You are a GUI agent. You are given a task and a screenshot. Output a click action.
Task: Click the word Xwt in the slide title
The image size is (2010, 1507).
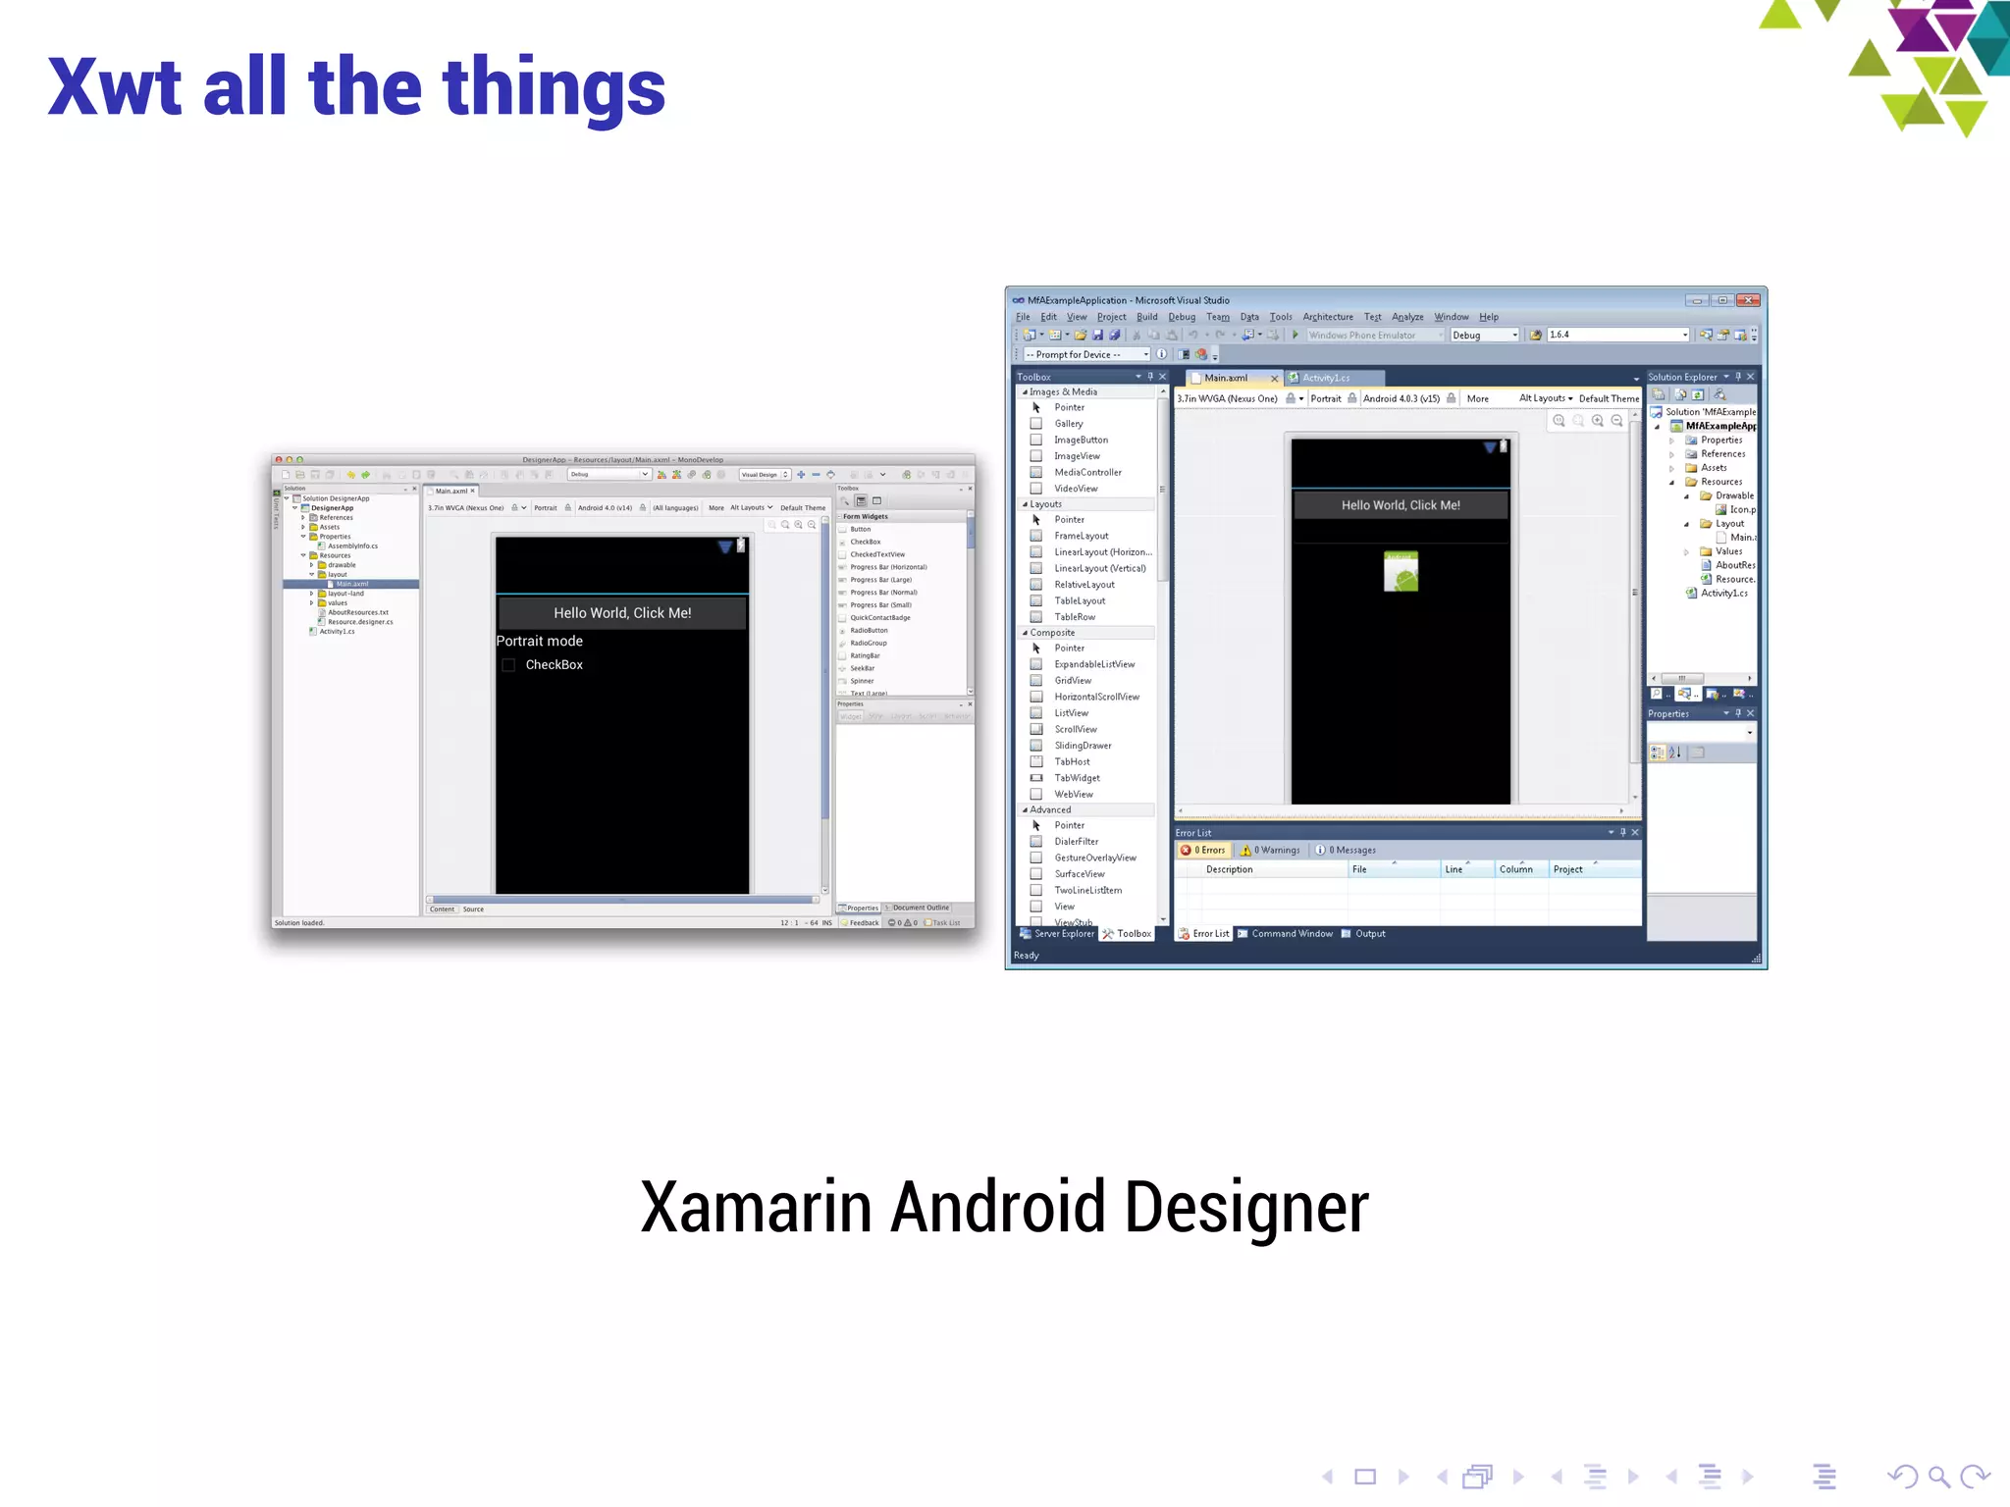(x=115, y=88)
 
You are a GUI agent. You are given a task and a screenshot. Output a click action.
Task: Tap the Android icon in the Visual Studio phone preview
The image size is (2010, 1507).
(x=1401, y=572)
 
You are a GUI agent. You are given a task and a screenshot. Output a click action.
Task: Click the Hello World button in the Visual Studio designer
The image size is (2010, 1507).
(x=1401, y=505)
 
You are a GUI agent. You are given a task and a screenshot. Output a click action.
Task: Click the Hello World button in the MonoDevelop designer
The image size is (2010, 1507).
(x=622, y=613)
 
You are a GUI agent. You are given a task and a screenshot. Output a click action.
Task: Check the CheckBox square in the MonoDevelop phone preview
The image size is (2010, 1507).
(x=508, y=665)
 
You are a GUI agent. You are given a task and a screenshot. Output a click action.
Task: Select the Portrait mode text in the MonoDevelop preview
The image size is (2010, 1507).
(x=540, y=641)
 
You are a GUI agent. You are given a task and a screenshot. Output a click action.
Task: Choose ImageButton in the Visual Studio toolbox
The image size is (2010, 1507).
(x=1081, y=440)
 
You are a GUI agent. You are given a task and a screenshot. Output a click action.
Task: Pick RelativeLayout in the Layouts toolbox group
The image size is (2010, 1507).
(x=1084, y=585)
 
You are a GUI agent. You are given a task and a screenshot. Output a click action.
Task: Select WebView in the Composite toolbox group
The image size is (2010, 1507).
(x=1073, y=795)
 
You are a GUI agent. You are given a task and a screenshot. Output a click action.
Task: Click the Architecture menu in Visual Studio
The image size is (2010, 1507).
(x=1327, y=317)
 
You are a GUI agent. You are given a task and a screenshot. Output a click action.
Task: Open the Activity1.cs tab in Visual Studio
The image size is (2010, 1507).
(x=1326, y=378)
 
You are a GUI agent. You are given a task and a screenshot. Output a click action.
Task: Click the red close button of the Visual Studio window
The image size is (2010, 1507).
(x=1748, y=300)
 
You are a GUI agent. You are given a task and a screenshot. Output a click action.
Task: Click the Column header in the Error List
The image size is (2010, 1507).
(x=1515, y=869)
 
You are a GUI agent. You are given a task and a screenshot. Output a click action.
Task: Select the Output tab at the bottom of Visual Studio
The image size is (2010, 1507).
(x=1369, y=934)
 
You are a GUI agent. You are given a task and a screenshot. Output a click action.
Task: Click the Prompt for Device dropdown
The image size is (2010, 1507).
(x=1085, y=355)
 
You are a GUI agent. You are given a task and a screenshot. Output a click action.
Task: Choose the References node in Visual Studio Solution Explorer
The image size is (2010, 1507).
(x=1722, y=454)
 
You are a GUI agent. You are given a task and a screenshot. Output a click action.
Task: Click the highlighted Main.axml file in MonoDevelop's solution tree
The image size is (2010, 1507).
(x=351, y=584)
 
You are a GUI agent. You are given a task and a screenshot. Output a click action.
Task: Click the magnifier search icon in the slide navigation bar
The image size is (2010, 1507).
(x=1937, y=1476)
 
